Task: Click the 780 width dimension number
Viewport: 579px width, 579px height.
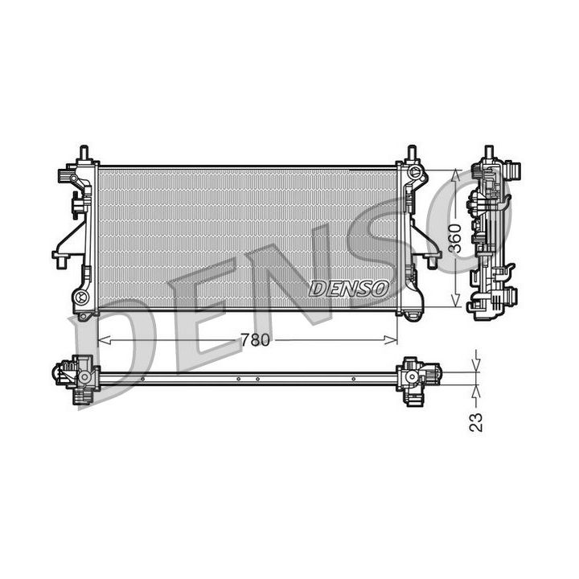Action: click(254, 340)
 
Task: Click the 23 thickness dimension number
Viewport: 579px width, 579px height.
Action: click(478, 421)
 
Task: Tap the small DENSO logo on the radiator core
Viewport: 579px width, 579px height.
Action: click(349, 288)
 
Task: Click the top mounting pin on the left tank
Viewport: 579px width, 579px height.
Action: click(83, 153)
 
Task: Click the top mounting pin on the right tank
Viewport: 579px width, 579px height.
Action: click(412, 153)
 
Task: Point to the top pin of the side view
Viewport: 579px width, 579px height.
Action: click(488, 153)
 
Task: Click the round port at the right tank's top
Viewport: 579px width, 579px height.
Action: click(414, 172)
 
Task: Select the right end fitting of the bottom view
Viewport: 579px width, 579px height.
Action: click(418, 376)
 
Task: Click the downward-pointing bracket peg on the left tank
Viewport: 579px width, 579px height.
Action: click(60, 260)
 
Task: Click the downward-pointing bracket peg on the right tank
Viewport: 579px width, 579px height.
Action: click(433, 261)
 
